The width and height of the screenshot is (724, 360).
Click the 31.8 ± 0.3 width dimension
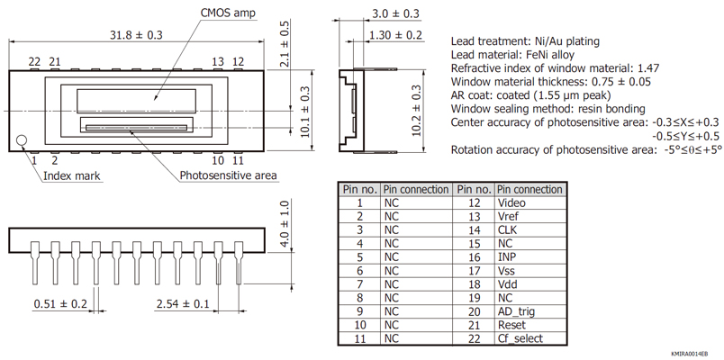click(136, 35)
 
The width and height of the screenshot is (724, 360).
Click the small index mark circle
click(23, 139)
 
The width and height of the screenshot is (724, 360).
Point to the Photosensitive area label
click(228, 175)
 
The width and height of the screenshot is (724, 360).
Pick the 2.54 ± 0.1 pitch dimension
click(182, 304)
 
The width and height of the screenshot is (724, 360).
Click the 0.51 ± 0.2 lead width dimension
click(60, 304)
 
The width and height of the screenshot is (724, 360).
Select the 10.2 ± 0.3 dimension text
click(416, 110)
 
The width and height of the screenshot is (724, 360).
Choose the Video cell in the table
click(511, 203)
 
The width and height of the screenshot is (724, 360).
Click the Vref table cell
click(510, 217)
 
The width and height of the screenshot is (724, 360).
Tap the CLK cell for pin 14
click(507, 230)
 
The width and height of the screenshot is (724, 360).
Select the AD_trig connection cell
click(516, 311)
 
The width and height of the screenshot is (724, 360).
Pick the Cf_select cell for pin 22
click(520, 338)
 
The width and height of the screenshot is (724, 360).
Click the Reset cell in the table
click(511, 325)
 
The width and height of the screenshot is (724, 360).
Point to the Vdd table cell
click(508, 284)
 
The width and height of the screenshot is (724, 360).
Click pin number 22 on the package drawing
click(34, 62)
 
